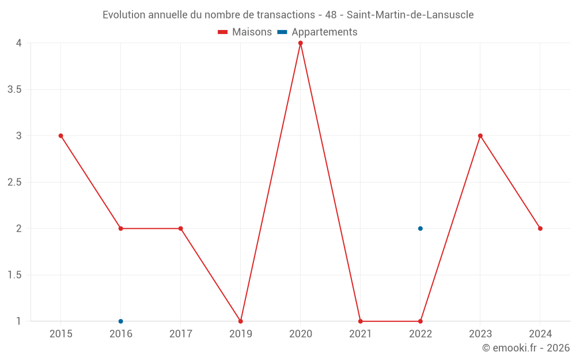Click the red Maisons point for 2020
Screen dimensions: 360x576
[x=301, y=43]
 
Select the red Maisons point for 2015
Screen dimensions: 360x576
[x=61, y=136]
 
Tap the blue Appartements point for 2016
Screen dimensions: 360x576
[x=121, y=321]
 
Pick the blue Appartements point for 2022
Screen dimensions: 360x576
[x=420, y=229]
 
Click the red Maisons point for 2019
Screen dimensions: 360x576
[x=241, y=321]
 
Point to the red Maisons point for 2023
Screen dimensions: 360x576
[x=480, y=136]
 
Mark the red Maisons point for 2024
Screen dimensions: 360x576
[x=540, y=229]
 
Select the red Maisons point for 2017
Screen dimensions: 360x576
[x=181, y=229]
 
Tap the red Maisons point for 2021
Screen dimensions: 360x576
[x=361, y=321]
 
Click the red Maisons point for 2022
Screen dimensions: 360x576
[x=420, y=321]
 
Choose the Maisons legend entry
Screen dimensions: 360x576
[x=245, y=32]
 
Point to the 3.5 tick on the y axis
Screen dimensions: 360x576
[x=14, y=89]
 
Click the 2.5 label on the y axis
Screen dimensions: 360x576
[x=14, y=182]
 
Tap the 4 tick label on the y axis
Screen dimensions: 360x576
[x=19, y=43]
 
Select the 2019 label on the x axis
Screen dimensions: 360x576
[x=241, y=334]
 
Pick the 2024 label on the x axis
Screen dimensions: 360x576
[x=540, y=334]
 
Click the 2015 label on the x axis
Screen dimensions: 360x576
[x=61, y=334]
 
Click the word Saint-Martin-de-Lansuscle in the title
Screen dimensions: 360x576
[x=410, y=15]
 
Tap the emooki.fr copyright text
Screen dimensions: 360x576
[x=526, y=348]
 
